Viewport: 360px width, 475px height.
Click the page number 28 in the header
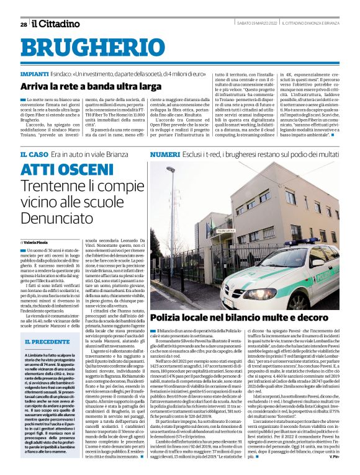pos(24,24)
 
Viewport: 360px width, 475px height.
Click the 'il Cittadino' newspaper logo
pos(56,24)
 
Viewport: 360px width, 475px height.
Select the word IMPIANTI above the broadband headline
pos(36,73)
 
